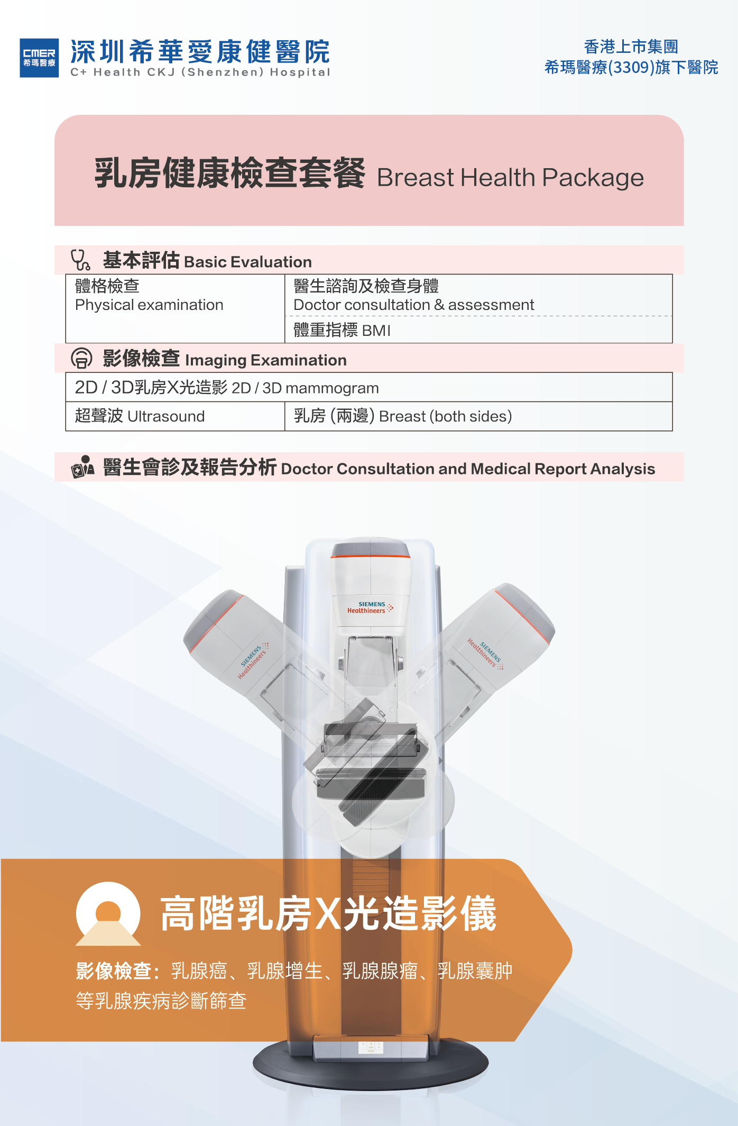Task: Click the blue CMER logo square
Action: [x=39, y=58]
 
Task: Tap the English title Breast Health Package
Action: [x=510, y=178]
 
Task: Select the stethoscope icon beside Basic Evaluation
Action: [x=80, y=260]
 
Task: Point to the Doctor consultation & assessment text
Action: [x=413, y=305]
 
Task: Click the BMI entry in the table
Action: [x=376, y=331]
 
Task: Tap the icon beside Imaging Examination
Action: [x=81, y=358]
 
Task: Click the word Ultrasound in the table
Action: [x=165, y=416]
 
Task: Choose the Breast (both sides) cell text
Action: [x=445, y=416]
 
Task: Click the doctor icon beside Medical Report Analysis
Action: [x=82, y=467]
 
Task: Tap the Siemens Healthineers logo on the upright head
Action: [x=370, y=607]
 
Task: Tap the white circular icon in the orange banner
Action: [x=108, y=913]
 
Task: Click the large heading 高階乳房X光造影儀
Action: [x=328, y=913]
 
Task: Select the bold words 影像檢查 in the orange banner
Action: [x=113, y=971]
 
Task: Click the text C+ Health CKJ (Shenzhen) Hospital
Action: [x=200, y=72]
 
